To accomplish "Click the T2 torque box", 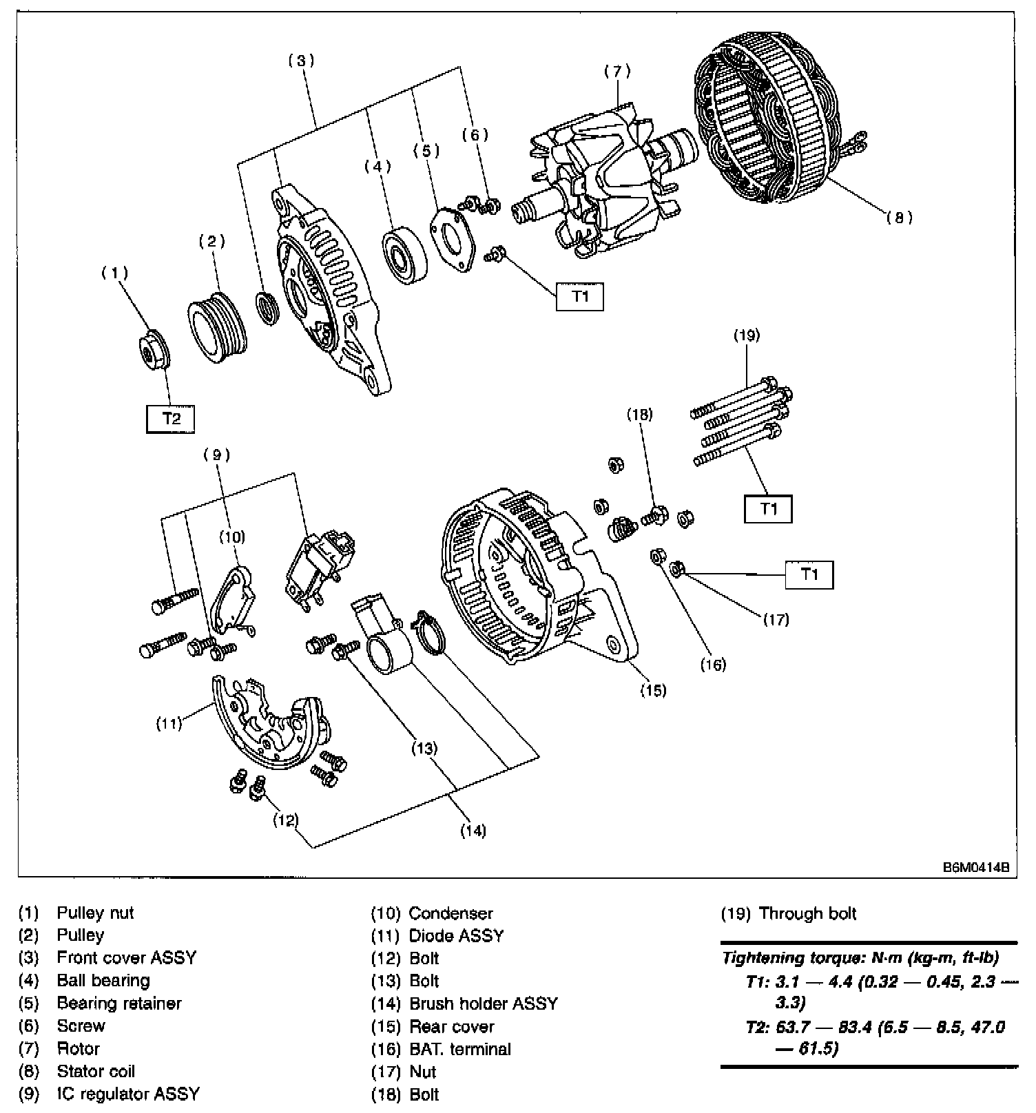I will click(170, 418).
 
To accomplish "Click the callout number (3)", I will click(301, 61).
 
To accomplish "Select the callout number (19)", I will click(746, 335).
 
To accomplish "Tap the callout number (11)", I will click(169, 723).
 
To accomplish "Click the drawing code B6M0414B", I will click(975, 868).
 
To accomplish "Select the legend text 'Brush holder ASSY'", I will click(483, 1003).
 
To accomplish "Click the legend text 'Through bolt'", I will click(807, 913).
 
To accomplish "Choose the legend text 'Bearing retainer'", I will click(119, 1003).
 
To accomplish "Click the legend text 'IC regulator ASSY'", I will click(128, 1094).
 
